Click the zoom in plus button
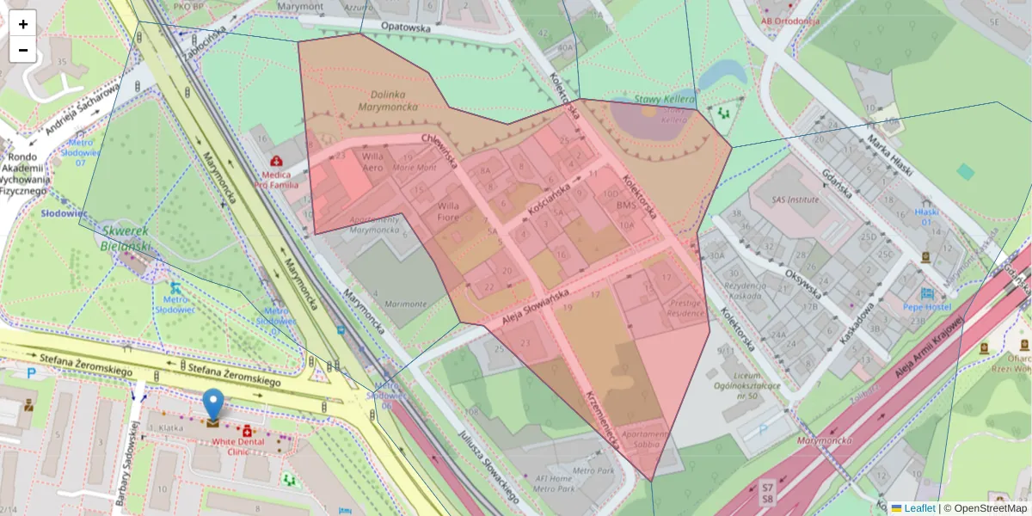click(x=23, y=24)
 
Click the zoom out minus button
click(x=23, y=50)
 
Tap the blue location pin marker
click(x=212, y=405)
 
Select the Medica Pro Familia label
click(x=276, y=179)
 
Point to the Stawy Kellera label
click(x=664, y=100)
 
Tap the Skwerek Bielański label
click(x=126, y=238)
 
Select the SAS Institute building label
click(x=795, y=200)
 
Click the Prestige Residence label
click(x=685, y=308)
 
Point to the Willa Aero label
click(x=372, y=163)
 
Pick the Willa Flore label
click(x=448, y=212)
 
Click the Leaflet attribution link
click(x=918, y=508)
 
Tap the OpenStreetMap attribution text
click(x=989, y=508)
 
